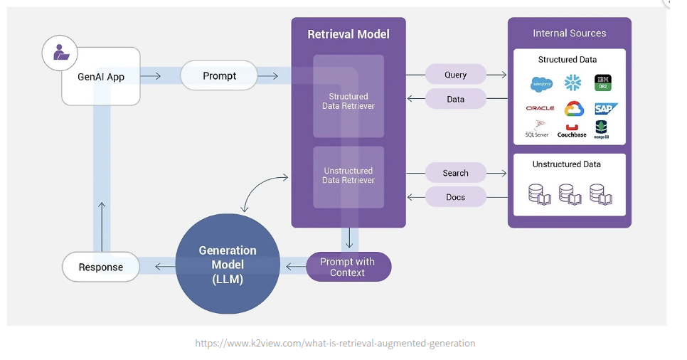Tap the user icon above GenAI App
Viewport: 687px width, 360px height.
[x=60, y=53]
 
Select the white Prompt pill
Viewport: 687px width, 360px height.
[x=218, y=75]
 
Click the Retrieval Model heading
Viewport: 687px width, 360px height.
[x=348, y=34]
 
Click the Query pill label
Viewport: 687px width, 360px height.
[x=456, y=75]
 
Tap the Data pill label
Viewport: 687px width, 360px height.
[x=456, y=100]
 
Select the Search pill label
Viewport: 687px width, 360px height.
[x=456, y=173]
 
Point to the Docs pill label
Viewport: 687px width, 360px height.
[x=456, y=197]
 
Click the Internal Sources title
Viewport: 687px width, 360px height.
[x=569, y=33]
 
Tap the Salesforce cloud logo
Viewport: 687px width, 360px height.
[x=541, y=84]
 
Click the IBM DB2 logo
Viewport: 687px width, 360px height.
[x=603, y=83]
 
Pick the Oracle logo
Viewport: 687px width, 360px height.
[x=540, y=108]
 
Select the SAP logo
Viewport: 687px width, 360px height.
[x=605, y=108]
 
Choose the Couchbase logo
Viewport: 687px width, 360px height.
[x=572, y=131]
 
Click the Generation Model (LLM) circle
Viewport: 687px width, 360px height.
[x=228, y=265]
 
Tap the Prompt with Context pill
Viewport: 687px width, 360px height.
[x=348, y=267]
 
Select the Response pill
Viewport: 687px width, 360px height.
[x=100, y=267]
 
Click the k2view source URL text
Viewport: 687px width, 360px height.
[x=335, y=343]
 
